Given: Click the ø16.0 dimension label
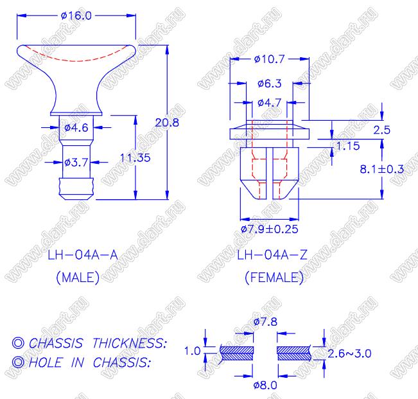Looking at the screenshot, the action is click(x=76, y=15).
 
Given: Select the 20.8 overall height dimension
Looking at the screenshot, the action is click(x=167, y=123).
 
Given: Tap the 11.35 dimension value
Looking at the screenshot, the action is click(x=135, y=158).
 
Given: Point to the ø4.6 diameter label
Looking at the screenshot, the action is click(x=76, y=128).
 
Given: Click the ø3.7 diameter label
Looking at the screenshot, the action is click(x=76, y=162).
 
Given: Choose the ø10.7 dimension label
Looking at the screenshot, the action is click(x=269, y=59).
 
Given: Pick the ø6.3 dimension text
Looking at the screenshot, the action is click(x=269, y=84).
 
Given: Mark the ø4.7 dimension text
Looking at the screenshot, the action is click(x=269, y=103).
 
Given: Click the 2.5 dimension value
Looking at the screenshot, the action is click(x=382, y=130).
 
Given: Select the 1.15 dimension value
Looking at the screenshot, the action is click(x=348, y=146).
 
